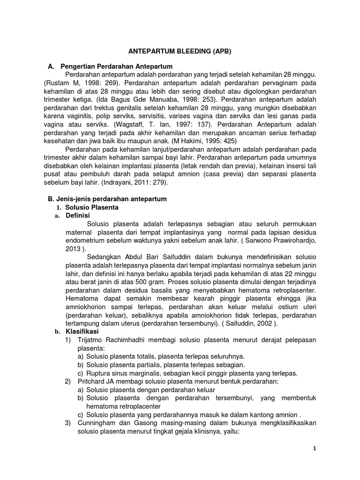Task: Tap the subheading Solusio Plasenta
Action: [x=92, y=207]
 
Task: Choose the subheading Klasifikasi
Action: [x=81, y=331]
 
